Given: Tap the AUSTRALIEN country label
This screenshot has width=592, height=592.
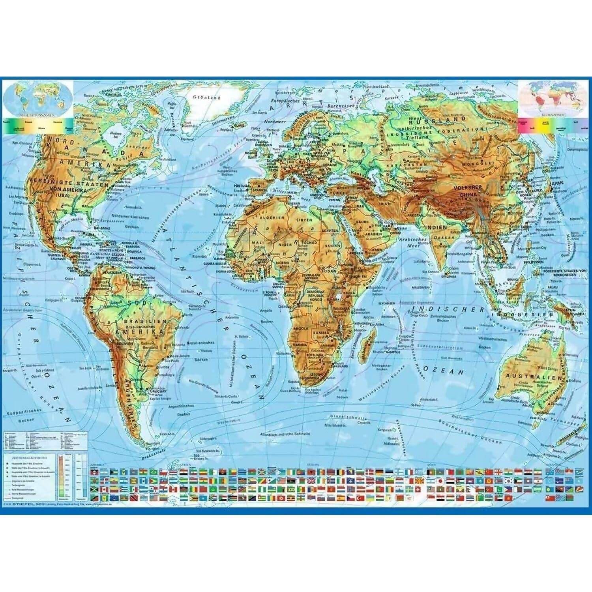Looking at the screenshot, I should point(533,376).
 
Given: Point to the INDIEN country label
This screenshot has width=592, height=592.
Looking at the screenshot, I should point(436,228).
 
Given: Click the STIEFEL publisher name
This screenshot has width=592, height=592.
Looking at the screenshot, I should point(24,503).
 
